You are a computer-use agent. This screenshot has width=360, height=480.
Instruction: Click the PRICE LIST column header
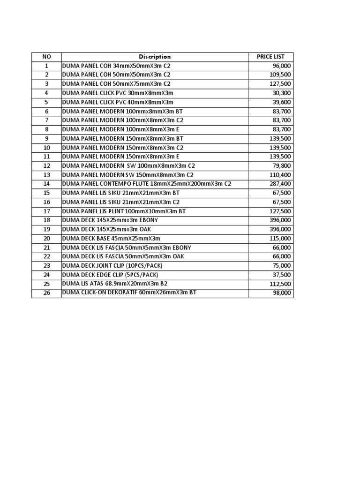tap(270, 57)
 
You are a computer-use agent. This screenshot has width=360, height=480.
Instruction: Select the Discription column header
tap(155, 57)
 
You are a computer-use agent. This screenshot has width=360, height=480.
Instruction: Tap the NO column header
tap(46, 57)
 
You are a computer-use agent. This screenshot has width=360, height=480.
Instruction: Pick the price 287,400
tap(280, 184)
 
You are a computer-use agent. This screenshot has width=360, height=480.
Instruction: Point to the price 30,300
tap(281, 93)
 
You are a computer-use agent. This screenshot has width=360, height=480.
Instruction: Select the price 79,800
tap(281, 165)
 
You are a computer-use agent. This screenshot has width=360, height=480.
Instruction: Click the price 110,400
tap(280, 175)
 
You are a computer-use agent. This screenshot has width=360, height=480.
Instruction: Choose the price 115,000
tap(280, 238)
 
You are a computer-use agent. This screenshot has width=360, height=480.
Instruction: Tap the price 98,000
tap(281, 293)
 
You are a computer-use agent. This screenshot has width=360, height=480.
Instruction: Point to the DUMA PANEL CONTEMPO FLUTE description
tap(147, 184)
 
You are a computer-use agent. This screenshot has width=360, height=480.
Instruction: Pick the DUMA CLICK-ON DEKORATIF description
tap(129, 292)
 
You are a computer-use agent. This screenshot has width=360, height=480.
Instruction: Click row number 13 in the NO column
tap(46, 175)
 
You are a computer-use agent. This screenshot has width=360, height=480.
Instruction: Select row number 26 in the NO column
tap(46, 293)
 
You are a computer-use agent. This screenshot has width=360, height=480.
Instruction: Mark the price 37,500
tap(281, 275)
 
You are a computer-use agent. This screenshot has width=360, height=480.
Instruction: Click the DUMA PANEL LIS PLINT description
tap(124, 211)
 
